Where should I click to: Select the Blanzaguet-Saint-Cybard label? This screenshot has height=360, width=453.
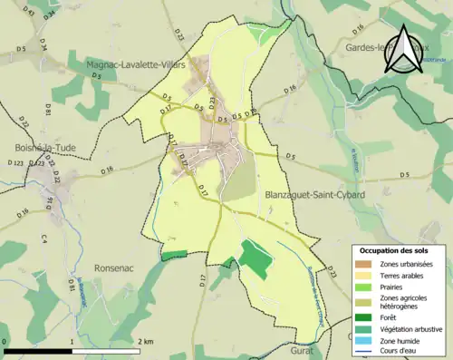click(x=314, y=194)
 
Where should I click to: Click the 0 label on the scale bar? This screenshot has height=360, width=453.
click(x=5, y=341)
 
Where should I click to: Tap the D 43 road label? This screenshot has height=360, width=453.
click(x=28, y=13)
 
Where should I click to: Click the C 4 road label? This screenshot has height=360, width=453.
click(x=43, y=239)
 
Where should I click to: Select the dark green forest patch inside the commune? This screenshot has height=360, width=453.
click(x=255, y=260)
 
